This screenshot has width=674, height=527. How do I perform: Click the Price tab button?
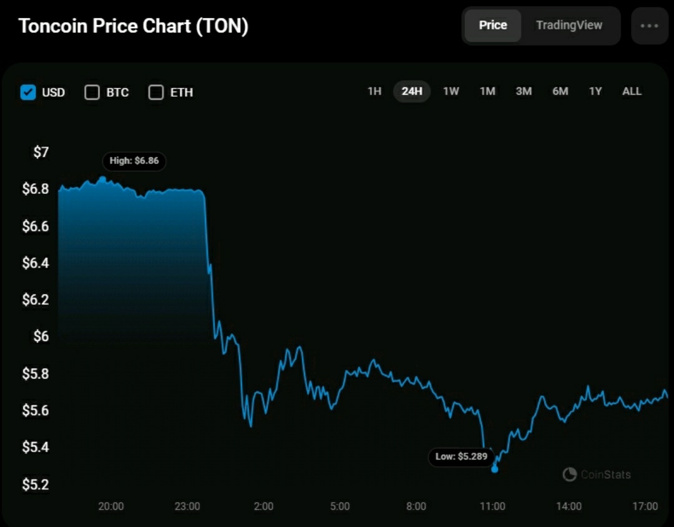click(x=492, y=26)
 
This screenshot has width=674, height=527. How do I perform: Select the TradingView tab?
click(x=569, y=26)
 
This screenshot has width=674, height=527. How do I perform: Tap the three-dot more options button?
click(x=649, y=26)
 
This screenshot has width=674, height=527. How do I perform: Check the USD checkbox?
click(x=28, y=92)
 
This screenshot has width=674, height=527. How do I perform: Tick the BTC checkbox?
click(x=92, y=92)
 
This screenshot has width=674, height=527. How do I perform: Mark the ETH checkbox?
click(x=156, y=92)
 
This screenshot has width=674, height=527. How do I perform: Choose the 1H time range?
click(x=374, y=92)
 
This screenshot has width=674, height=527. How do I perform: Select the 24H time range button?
click(x=412, y=92)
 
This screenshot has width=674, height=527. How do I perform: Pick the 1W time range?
click(x=451, y=92)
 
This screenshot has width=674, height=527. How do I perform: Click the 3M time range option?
click(x=524, y=92)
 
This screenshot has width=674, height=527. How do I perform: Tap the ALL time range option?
click(x=632, y=92)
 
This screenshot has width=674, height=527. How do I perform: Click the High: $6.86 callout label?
click(x=134, y=161)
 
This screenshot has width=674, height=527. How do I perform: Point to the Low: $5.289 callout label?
click(x=461, y=457)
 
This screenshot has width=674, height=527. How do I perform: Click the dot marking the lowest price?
click(x=495, y=469)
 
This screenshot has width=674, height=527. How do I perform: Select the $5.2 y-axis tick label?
click(x=35, y=485)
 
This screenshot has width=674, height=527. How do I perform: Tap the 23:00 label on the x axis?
click(x=187, y=506)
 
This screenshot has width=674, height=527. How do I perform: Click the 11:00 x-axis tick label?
click(x=492, y=506)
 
